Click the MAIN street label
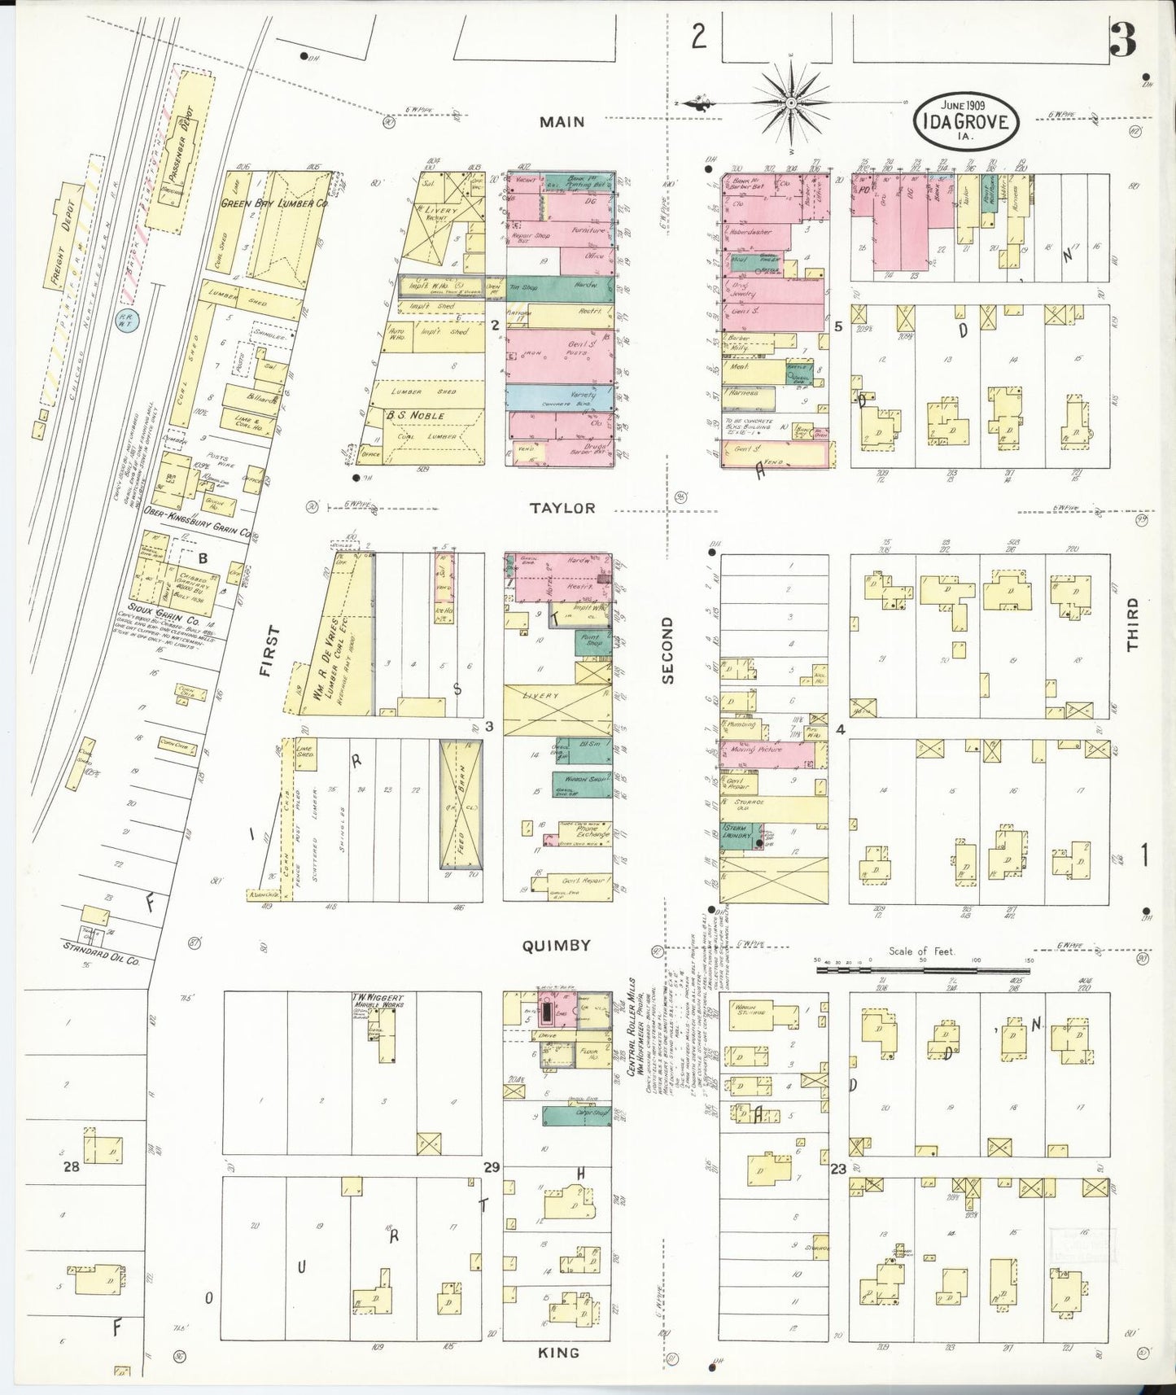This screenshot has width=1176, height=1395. [562, 122]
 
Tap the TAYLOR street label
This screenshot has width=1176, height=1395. [562, 508]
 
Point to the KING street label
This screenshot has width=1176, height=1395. [559, 1352]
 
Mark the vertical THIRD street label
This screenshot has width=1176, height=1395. [1132, 624]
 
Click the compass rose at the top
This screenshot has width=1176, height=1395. [790, 103]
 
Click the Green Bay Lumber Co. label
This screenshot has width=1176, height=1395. [275, 203]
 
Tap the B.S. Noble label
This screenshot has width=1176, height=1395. [415, 415]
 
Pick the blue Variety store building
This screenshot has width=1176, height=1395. [560, 397]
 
